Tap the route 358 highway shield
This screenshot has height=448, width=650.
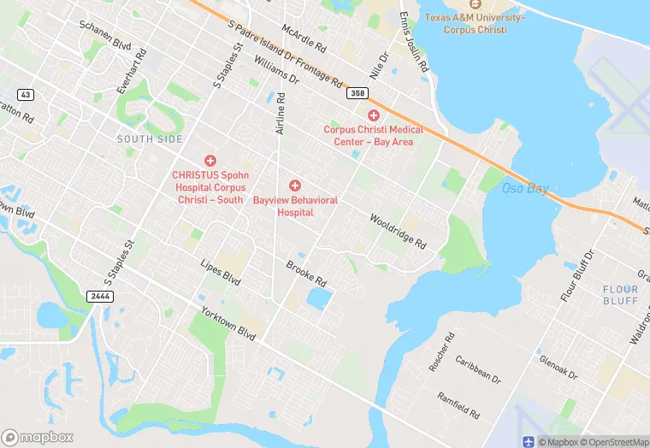(x=357, y=93)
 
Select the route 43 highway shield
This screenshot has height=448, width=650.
(x=24, y=93)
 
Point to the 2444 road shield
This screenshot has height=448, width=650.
(x=99, y=296)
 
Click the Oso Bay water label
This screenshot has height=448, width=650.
(x=525, y=188)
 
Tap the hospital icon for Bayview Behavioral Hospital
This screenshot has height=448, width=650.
(x=295, y=186)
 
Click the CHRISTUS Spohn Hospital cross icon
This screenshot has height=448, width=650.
(x=210, y=161)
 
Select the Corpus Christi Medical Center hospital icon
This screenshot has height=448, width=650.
(x=373, y=115)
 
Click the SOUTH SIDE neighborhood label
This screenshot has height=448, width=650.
(x=150, y=139)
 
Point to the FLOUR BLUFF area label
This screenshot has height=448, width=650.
(x=620, y=295)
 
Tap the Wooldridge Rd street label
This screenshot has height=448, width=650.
(x=397, y=231)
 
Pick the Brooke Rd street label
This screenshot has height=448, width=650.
(x=306, y=274)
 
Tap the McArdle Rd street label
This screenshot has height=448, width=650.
(x=304, y=36)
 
